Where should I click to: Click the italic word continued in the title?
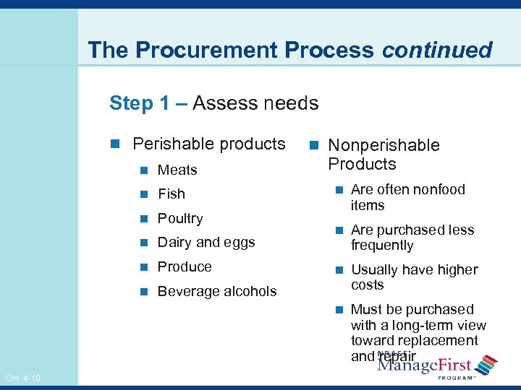[x=437, y=51]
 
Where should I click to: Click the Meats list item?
[x=177, y=170]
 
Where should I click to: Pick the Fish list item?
[x=171, y=194]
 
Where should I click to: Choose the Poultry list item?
[x=180, y=218]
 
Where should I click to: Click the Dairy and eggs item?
[x=206, y=243]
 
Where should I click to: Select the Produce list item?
[x=185, y=266]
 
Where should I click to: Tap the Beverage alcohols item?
[x=217, y=291]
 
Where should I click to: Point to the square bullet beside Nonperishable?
[x=316, y=146]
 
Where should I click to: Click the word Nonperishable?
[x=384, y=145]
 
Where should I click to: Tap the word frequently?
[x=382, y=246]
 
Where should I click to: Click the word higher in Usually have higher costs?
[x=456, y=269]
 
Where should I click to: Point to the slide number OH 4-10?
[x=22, y=378]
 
